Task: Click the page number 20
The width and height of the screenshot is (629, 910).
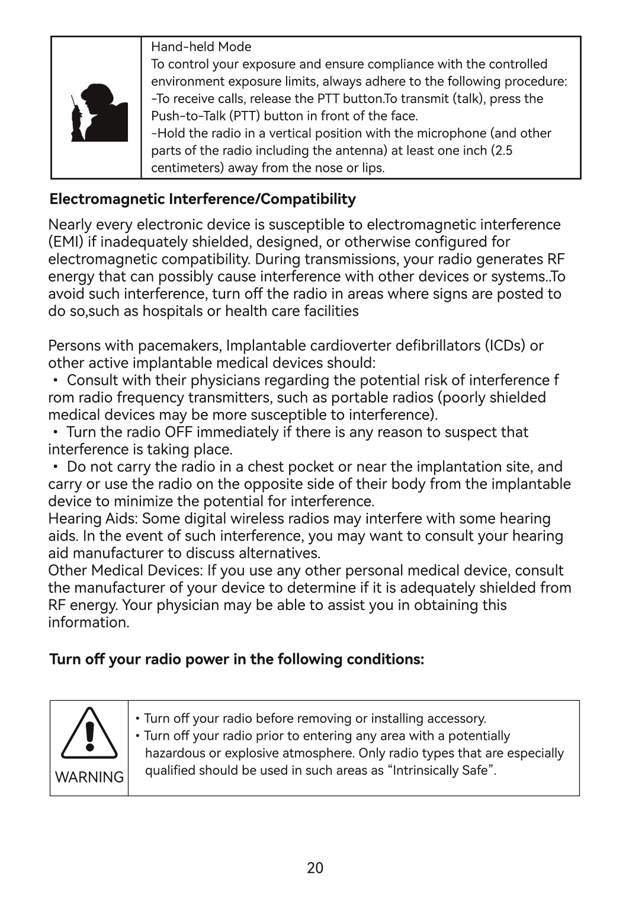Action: coord(315,868)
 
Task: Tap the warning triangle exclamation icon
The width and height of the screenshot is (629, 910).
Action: coord(89,733)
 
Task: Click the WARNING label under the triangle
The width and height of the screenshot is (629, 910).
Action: coord(89,777)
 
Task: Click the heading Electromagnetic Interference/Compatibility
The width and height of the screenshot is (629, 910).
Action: coord(203,199)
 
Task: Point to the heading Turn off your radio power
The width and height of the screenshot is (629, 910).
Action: coord(236,659)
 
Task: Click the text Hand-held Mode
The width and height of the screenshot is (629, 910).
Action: coord(201,47)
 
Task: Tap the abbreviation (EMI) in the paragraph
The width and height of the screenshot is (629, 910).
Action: coord(66,242)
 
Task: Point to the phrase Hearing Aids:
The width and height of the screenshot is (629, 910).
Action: coord(93,519)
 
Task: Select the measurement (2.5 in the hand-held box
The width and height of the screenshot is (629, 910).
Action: coord(502,151)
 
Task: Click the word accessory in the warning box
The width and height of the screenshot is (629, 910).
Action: coord(457,719)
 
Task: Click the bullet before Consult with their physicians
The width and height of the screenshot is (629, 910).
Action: coord(55,380)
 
